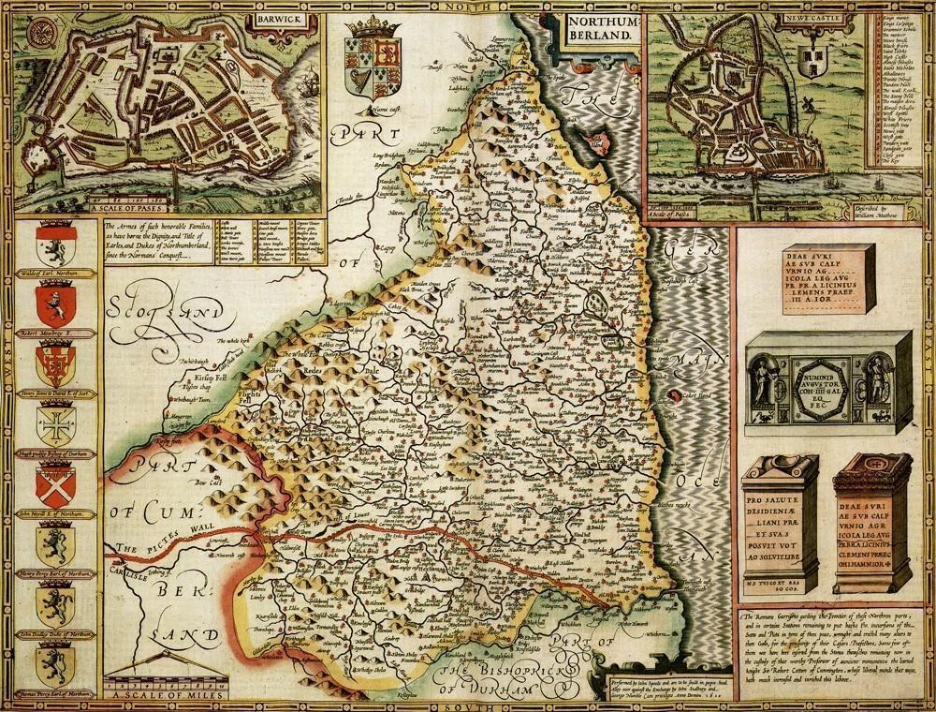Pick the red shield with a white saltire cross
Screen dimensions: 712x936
(x=53, y=485)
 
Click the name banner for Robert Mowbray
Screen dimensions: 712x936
(x=53, y=333)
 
